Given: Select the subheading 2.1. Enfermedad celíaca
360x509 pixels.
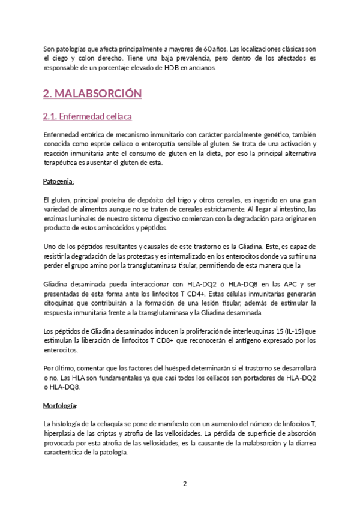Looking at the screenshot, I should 88,116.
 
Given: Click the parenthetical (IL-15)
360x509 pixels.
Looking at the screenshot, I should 290,331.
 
